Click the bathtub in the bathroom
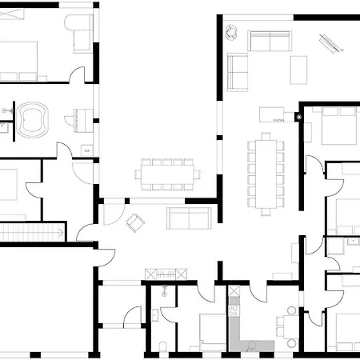[34, 118]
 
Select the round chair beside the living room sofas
[231, 31]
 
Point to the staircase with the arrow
[30, 231]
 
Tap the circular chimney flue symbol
[298, 118]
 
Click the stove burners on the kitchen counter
[234, 307]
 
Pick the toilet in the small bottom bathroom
[162, 345]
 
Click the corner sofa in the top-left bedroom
[82, 32]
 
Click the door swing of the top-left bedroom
[77, 75]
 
